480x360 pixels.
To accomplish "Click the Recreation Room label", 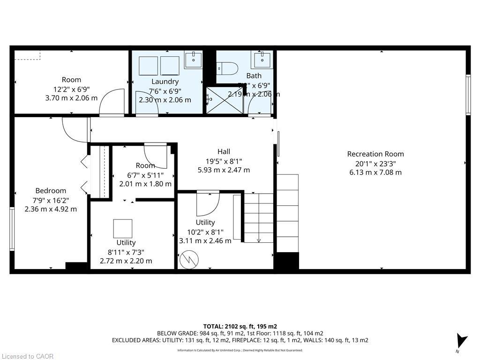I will click(x=375, y=154).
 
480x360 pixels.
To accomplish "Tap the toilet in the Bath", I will click(x=221, y=68).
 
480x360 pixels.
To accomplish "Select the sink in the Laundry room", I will click(x=193, y=60).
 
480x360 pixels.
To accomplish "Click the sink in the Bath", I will click(x=261, y=60).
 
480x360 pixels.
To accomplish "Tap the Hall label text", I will click(x=224, y=151).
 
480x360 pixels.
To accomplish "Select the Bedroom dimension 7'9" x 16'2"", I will click(x=51, y=200).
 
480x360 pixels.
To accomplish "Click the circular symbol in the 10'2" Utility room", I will click(x=190, y=259).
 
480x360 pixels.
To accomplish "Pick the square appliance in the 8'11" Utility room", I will click(x=123, y=228).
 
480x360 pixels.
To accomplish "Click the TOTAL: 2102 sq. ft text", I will click(x=240, y=326).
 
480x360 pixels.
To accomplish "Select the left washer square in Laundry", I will click(x=149, y=66).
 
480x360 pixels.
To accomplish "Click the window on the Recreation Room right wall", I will click(x=467, y=94).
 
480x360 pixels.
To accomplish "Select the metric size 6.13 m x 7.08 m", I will click(x=375, y=172).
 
